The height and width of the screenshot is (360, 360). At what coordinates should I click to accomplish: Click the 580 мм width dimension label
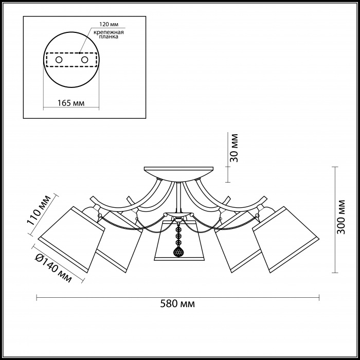(177, 304)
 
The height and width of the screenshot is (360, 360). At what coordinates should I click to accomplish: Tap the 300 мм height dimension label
(341, 217)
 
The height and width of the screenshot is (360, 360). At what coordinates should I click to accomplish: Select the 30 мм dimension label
(234, 148)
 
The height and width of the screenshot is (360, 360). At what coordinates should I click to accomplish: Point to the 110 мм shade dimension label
(39, 210)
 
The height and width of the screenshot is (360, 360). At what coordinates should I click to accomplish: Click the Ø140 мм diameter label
(53, 268)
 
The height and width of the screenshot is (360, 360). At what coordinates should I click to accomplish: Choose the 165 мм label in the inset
(71, 103)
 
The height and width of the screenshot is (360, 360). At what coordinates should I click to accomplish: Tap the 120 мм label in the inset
(109, 24)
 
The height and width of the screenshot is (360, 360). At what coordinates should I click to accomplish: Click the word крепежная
(109, 32)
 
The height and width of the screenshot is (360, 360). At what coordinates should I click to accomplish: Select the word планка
(109, 37)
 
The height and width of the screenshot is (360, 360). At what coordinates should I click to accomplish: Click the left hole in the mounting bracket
(59, 60)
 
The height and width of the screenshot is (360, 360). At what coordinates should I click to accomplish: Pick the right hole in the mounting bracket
(84, 60)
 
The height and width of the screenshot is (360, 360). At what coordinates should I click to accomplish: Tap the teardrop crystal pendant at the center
(177, 251)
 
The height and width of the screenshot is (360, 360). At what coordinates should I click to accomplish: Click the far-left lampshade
(71, 239)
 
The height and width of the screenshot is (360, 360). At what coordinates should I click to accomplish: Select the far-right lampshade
(286, 239)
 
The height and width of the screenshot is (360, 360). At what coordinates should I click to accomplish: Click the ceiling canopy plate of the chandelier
(178, 172)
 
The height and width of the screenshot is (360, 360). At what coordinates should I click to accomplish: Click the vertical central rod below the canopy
(178, 197)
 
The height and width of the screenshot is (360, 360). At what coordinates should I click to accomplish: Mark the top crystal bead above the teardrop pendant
(177, 230)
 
